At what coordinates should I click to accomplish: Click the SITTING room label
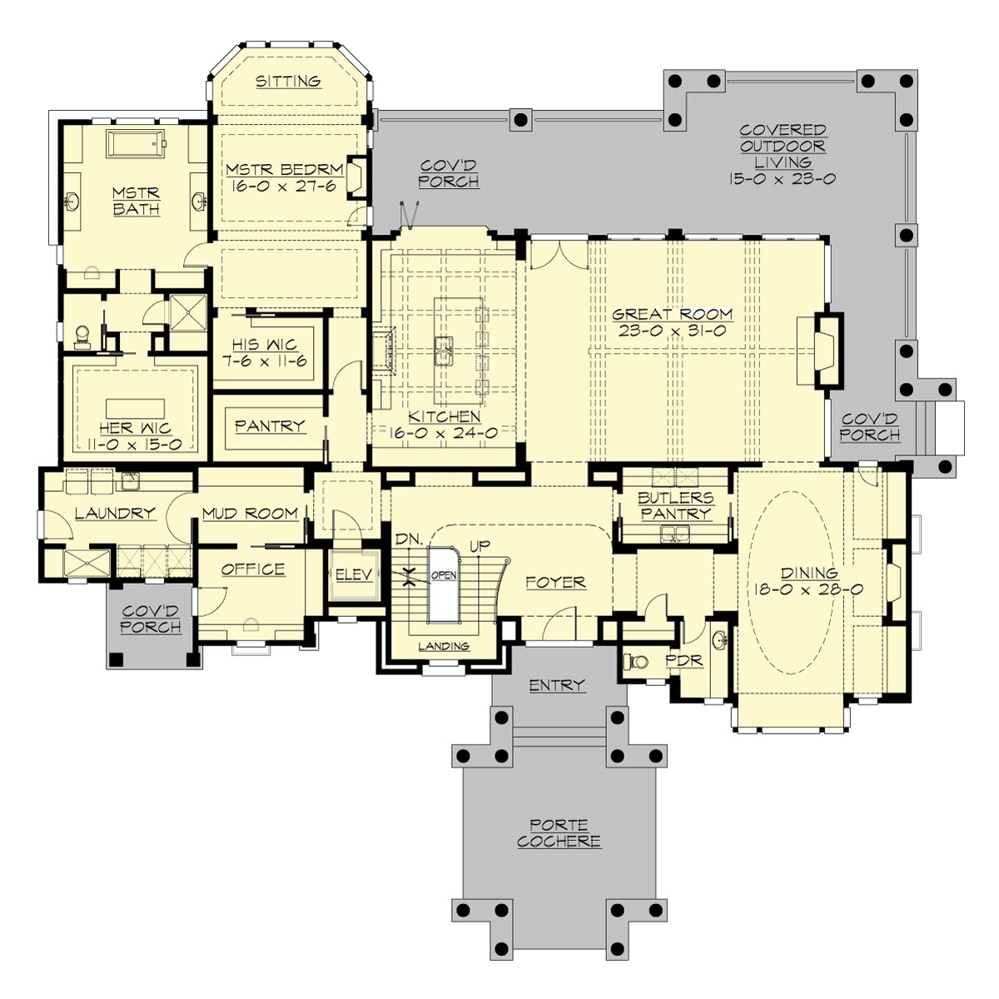coord(288,81)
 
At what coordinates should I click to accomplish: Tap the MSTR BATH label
coord(137,201)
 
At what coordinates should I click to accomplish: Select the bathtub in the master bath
coord(137,145)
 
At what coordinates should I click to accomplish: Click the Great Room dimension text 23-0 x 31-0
coord(673,331)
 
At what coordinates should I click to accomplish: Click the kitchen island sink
coord(445,350)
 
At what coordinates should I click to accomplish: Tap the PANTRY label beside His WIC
coord(269,425)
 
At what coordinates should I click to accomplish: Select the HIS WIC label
coord(266,345)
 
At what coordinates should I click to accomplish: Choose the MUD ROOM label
coord(250,513)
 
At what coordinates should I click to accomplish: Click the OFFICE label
coord(253,569)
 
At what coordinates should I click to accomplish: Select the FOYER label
coord(555,583)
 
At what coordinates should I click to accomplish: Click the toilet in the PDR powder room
coord(637,664)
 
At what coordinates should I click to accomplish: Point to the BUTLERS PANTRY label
coord(676,506)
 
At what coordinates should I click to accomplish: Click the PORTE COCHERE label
coord(559,833)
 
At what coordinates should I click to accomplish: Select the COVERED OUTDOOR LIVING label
coord(783,154)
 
